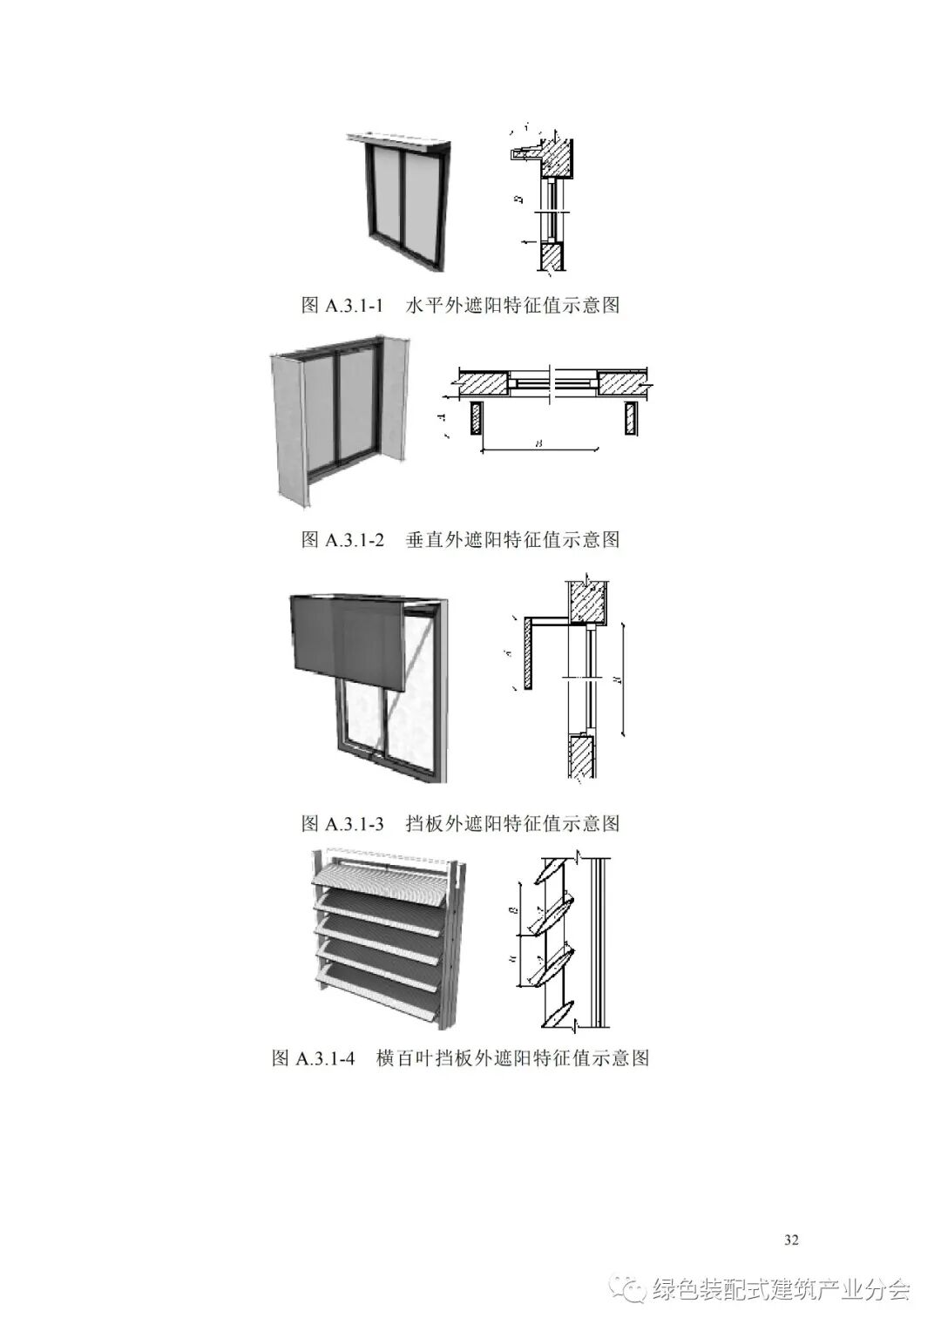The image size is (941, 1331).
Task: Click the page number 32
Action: tap(791, 1240)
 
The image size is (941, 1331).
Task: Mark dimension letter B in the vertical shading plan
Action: tap(539, 443)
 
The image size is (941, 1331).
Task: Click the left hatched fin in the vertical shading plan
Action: tap(476, 418)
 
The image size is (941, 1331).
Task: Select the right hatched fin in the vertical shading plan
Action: tap(629, 418)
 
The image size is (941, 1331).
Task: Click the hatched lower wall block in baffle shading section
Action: tap(581, 756)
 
